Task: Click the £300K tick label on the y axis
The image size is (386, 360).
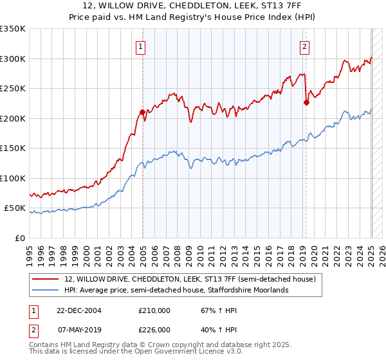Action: click(x=13, y=59)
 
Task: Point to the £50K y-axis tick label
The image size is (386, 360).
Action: click(x=15, y=208)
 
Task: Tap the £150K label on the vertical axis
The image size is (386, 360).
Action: click(x=13, y=148)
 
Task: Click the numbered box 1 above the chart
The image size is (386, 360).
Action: click(x=140, y=46)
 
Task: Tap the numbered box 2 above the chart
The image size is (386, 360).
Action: click(x=304, y=46)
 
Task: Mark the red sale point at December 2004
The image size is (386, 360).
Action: click(x=142, y=113)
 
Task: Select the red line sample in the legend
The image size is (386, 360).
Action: click(x=46, y=280)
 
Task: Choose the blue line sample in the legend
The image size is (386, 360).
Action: click(x=46, y=290)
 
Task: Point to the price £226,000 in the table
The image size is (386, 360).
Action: click(x=154, y=329)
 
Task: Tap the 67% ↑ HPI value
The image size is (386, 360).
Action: click(x=211, y=311)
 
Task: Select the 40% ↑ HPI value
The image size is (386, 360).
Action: click(x=211, y=329)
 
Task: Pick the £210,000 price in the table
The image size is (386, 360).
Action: click(x=154, y=311)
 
